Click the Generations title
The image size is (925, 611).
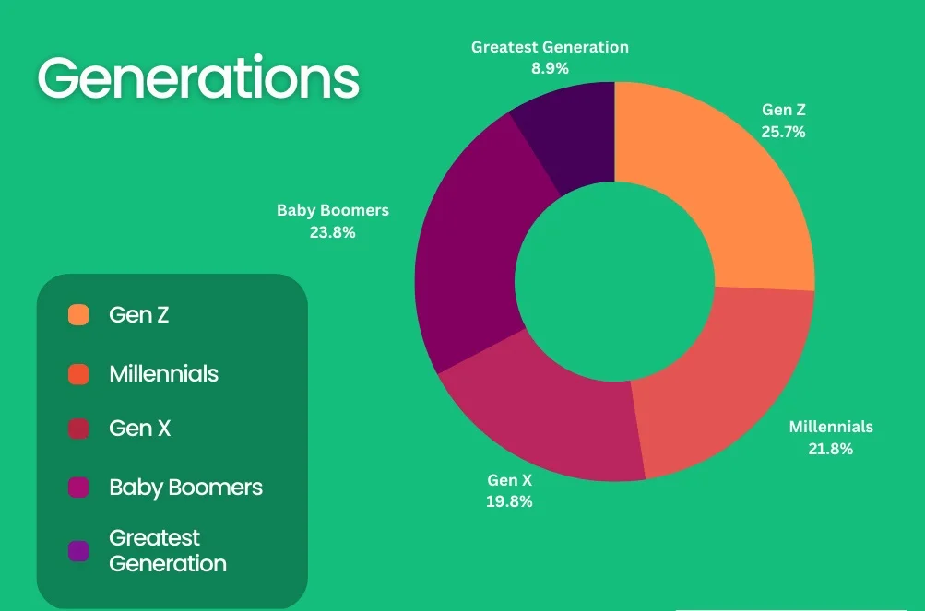(198, 77)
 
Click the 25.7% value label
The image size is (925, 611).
(783, 132)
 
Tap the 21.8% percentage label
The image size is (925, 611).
(831, 449)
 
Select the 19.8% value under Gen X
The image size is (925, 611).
(509, 501)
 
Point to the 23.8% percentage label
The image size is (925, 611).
(333, 232)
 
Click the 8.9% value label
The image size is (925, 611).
(550, 68)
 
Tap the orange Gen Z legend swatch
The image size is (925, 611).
(78, 315)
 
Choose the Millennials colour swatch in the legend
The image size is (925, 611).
(78, 374)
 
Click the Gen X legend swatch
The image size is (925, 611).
(78, 429)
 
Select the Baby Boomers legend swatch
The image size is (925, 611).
(78, 488)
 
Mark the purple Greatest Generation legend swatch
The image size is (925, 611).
(78, 551)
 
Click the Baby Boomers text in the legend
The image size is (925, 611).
(185, 488)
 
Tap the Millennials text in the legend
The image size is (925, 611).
(164, 374)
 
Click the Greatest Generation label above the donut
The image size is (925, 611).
(550, 47)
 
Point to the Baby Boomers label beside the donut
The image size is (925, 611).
(333, 210)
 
